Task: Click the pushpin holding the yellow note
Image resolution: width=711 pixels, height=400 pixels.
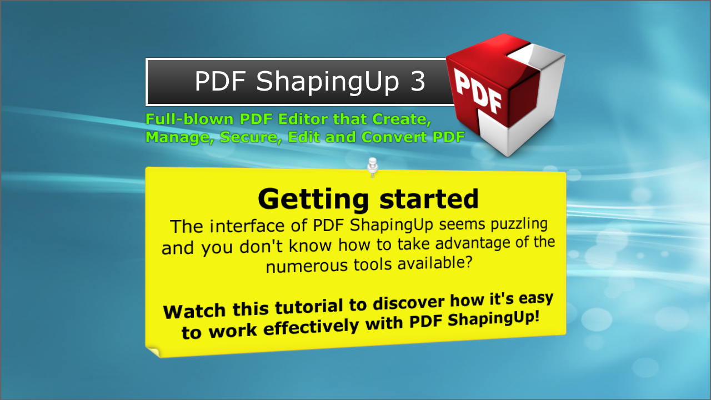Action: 372,167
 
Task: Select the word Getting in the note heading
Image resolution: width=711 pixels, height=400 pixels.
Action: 313,199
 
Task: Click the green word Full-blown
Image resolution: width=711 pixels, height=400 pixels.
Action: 189,119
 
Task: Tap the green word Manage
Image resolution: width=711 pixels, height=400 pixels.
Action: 179,137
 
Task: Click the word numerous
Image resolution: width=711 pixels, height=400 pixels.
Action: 306,266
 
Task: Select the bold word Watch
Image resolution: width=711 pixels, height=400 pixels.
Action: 194,311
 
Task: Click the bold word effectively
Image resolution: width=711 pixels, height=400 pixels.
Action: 311,327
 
